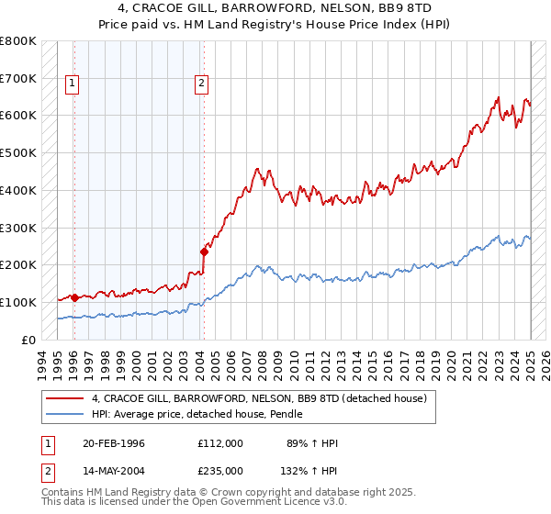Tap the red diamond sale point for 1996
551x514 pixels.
[73, 297]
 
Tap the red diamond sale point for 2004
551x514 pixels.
[204, 251]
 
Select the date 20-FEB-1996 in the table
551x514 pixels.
[113, 443]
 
